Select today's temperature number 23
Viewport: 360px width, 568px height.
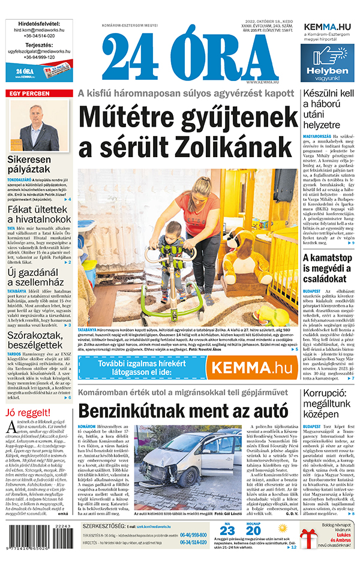click(x=226, y=530)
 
